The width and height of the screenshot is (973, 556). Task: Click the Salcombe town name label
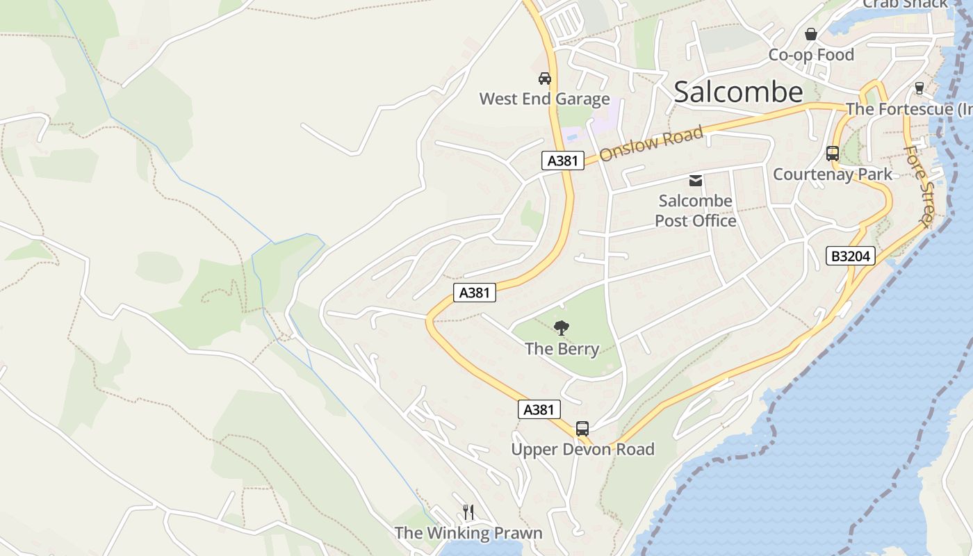point(738,92)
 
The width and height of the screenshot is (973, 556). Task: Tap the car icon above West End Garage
point(545,78)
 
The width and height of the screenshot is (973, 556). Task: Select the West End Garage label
point(544,99)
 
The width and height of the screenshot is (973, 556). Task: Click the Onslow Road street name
point(651,143)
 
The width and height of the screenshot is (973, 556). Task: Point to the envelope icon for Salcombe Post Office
point(695,181)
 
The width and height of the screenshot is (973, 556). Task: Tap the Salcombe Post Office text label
point(695,211)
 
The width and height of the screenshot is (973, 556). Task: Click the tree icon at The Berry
point(562,327)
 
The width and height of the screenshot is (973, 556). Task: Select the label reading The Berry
point(562,349)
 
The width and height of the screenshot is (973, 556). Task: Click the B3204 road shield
point(851,256)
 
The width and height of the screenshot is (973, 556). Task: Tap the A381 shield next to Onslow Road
point(562,161)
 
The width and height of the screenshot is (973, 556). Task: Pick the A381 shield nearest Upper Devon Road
point(539,409)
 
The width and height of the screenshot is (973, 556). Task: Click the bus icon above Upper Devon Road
point(582,428)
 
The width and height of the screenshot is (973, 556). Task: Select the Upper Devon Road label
point(582,450)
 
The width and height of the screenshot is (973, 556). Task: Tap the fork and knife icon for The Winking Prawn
point(468,512)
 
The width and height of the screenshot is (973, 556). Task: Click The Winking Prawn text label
point(468,533)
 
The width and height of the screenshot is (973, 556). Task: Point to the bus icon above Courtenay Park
point(832,153)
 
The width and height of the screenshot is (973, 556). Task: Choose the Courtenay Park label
point(832,174)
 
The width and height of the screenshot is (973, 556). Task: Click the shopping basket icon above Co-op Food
point(810,33)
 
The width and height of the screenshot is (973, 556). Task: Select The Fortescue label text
point(908,109)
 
